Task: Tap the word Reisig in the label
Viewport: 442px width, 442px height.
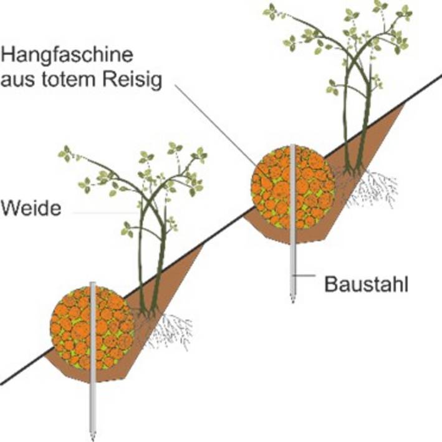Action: (x=132, y=80)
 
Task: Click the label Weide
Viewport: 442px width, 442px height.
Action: (x=31, y=208)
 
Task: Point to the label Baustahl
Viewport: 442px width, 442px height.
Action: (x=366, y=284)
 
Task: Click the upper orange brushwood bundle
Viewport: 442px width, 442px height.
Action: (x=292, y=187)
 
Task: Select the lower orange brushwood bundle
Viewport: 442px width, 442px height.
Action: (x=92, y=327)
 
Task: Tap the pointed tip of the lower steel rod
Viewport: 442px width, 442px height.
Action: (x=92, y=440)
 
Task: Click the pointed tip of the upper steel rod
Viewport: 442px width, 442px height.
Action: (x=292, y=302)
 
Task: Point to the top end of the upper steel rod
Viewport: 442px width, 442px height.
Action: (x=292, y=145)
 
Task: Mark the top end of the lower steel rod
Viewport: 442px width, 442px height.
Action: (x=92, y=282)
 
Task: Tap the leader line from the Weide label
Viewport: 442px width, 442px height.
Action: (x=106, y=213)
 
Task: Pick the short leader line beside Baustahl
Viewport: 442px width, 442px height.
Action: (x=304, y=275)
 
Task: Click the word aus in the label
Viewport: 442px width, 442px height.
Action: (x=17, y=80)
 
